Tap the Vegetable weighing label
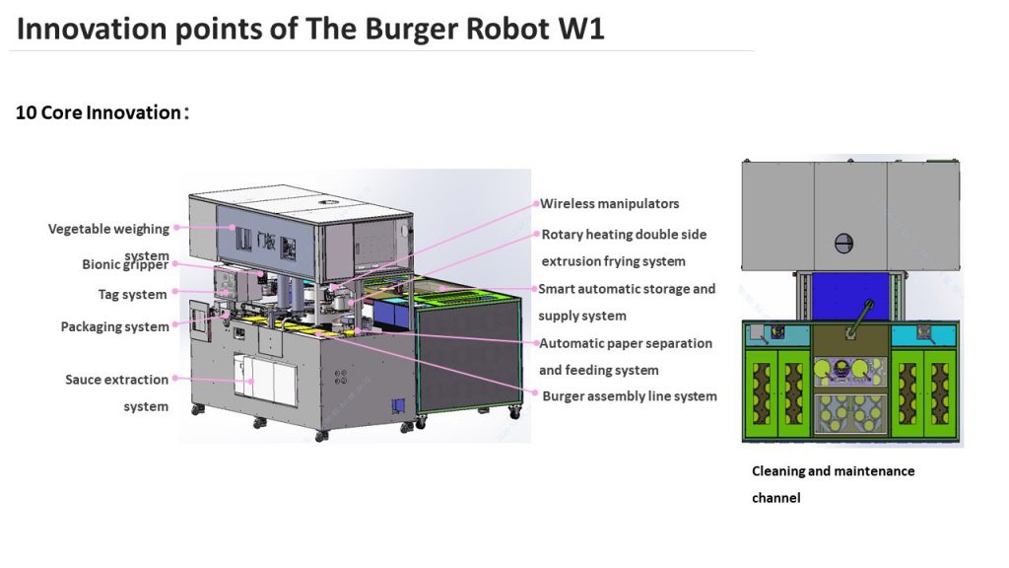click(x=108, y=229)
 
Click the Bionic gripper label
click(x=125, y=264)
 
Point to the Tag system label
click(x=132, y=294)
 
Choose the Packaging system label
click(x=114, y=326)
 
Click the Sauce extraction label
click(x=116, y=379)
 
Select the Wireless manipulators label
click(x=610, y=204)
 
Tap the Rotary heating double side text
click(x=625, y=235)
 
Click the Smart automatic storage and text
click(x=627, y=289)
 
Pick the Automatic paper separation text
click(x=626, y=343)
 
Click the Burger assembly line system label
click(x=630, y=396)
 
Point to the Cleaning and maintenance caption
click(x=834, y=471)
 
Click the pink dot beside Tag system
click(x=176, y=293)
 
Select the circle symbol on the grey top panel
click(x=843, y=242)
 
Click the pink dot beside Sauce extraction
click(x=176, y=379)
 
